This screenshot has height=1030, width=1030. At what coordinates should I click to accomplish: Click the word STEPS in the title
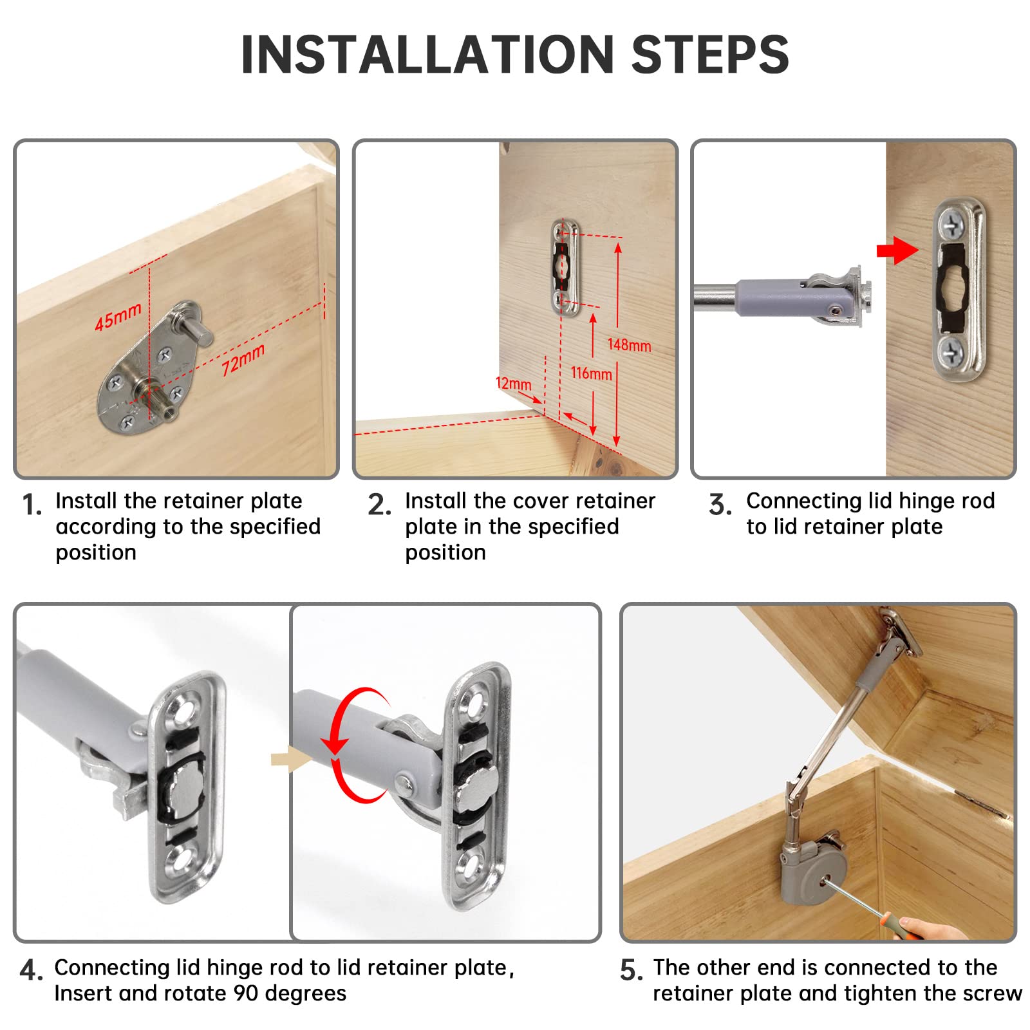point(710,54)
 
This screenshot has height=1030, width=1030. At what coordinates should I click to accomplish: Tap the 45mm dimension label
point(118,317)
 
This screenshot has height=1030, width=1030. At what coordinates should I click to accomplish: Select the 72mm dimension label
point(243,360)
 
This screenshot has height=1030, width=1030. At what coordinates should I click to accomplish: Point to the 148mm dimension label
point(630,345)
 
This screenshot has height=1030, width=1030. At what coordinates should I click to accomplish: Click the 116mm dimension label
point(591,373)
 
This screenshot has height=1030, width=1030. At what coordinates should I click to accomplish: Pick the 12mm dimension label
point(513,384)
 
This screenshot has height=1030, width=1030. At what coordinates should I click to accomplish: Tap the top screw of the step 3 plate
point(950,225)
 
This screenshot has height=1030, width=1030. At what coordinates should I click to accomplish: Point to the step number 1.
point(32,505)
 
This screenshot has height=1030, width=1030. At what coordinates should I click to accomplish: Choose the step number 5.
point(631,970)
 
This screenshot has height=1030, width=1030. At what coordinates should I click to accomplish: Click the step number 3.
point(720,505)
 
